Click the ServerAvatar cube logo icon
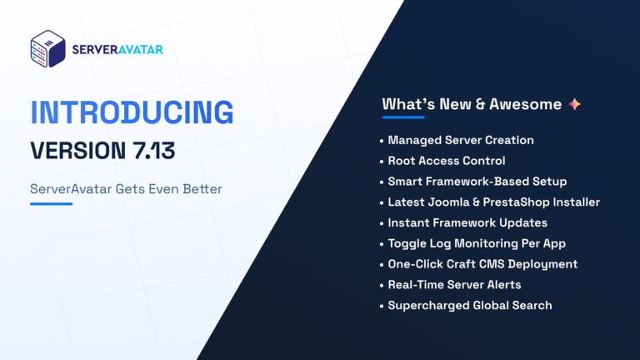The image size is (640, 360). point(47,49)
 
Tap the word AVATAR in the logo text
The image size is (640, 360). point(140,50)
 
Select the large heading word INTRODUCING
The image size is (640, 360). point(132,114)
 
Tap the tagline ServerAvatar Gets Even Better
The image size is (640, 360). point(126,189)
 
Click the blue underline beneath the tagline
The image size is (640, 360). point(51,203)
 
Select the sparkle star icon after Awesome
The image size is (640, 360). point(574,104)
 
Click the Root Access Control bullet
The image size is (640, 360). point(446,161)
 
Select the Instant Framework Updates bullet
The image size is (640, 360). point(467,222)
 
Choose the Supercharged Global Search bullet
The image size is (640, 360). point(469,305)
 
